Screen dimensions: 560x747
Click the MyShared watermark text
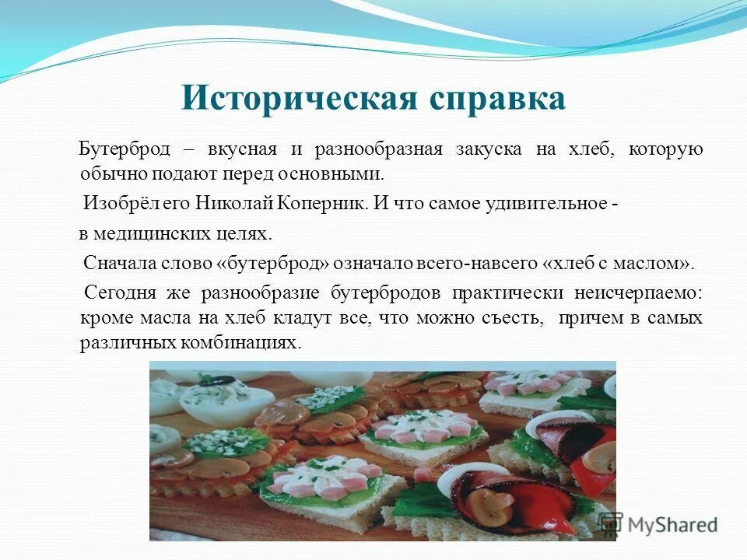(x=673, y=523)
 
